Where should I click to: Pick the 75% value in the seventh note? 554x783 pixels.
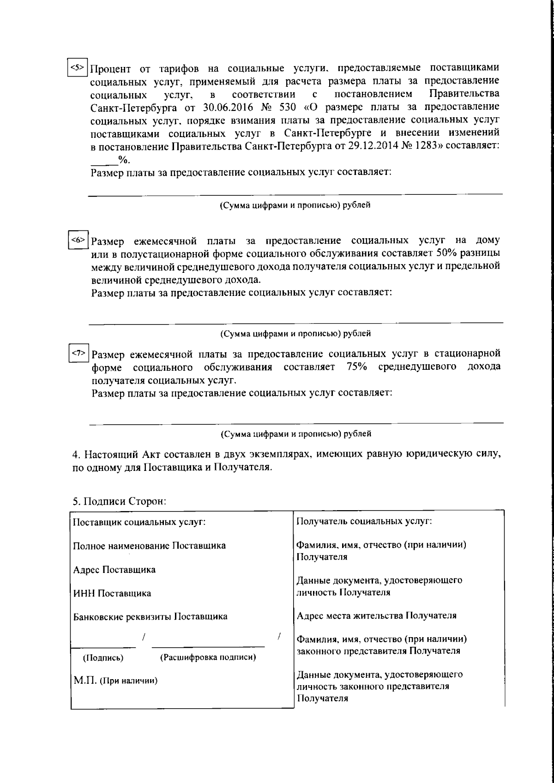coord(356,367)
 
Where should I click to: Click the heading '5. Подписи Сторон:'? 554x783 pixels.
coord(119,501)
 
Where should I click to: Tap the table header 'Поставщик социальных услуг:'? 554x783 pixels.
coord(139,523)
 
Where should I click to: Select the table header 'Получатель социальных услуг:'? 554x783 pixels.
coord(364,521)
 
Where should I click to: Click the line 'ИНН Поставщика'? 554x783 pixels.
coord(112,593)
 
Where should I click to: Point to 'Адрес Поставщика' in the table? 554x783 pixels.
coord(114,570)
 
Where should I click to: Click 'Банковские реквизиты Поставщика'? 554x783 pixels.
coord(151,617)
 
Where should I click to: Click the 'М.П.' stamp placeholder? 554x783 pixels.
coord(85,681)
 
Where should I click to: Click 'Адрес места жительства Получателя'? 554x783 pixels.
coord(376,616)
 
